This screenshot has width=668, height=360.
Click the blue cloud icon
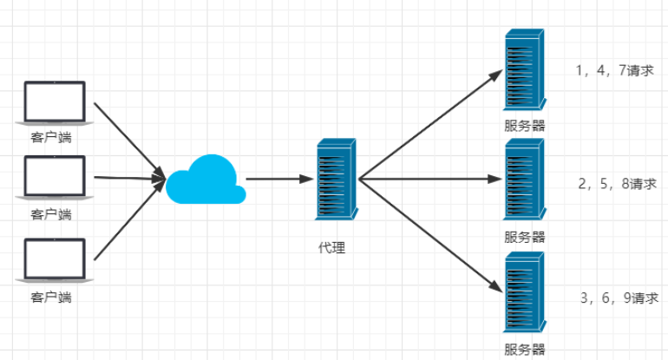(x=205, y=180)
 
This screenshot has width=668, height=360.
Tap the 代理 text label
(x=332, y=248)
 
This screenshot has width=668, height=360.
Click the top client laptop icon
(x=54, y=102)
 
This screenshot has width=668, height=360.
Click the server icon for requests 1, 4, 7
(x=525, y=70)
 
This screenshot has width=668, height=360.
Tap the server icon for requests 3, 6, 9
(x=525, y=292)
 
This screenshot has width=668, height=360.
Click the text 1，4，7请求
(x=613, y=71)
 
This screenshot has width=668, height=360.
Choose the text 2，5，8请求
(x=616, y=184)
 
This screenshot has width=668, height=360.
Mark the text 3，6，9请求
(x=619, y=298)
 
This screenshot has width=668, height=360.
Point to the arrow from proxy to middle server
(x=429, y=180)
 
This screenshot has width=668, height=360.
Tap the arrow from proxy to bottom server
(x=429, y=232)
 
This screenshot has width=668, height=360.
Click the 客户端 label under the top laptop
(x=51, y=136)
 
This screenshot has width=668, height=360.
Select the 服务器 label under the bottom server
(x=525, y=350)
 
